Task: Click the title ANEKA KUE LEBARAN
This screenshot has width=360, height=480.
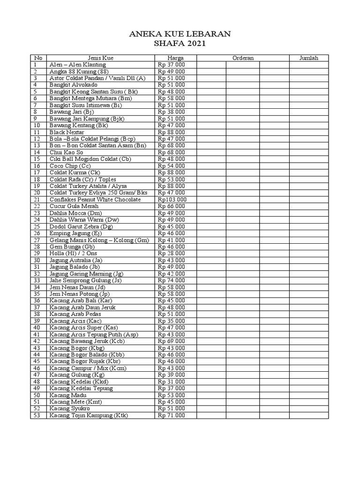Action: (x=180, y=34)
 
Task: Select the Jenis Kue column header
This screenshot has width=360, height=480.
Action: (x=100, y=58)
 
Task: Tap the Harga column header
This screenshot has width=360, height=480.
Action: (x=175, y=58)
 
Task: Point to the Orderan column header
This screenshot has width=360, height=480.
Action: (x=243, y=58)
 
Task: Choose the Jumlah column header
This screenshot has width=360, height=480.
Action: (x=309, y=58)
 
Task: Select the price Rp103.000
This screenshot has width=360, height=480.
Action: (x=172, y=200)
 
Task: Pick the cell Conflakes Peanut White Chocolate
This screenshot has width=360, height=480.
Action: (x=95, y=200)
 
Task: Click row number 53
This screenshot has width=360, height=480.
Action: (x=37, y=415)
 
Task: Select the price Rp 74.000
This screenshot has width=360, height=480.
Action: (x=172, y=280)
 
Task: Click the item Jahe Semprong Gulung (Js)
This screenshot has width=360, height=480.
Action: (x=85, y=280)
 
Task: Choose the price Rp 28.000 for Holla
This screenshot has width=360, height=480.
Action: (x=172, y=254)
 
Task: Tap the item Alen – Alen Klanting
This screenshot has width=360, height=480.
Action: (x=78, y=65)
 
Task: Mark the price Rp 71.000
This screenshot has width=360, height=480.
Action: (x=172, y=415)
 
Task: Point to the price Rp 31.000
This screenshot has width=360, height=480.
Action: (x=172, y=382)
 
